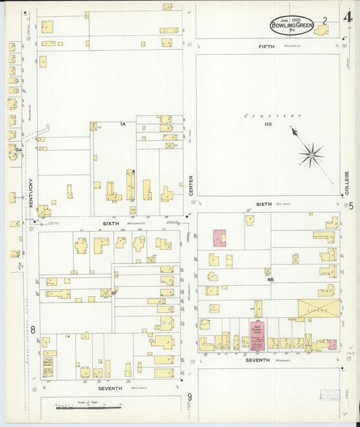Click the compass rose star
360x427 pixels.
tap(311, 155)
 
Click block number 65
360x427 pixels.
tap(270, 278)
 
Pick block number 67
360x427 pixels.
tap(114, 292)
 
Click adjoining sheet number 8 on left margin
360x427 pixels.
tap(32, 330)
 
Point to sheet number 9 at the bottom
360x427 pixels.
tap(190, 397)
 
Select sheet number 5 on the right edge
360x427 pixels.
tap(351, 206)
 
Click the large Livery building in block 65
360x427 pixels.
tap(319, 308)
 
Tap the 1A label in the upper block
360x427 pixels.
tap(124, 124)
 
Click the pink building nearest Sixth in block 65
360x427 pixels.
tap(220, 238)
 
